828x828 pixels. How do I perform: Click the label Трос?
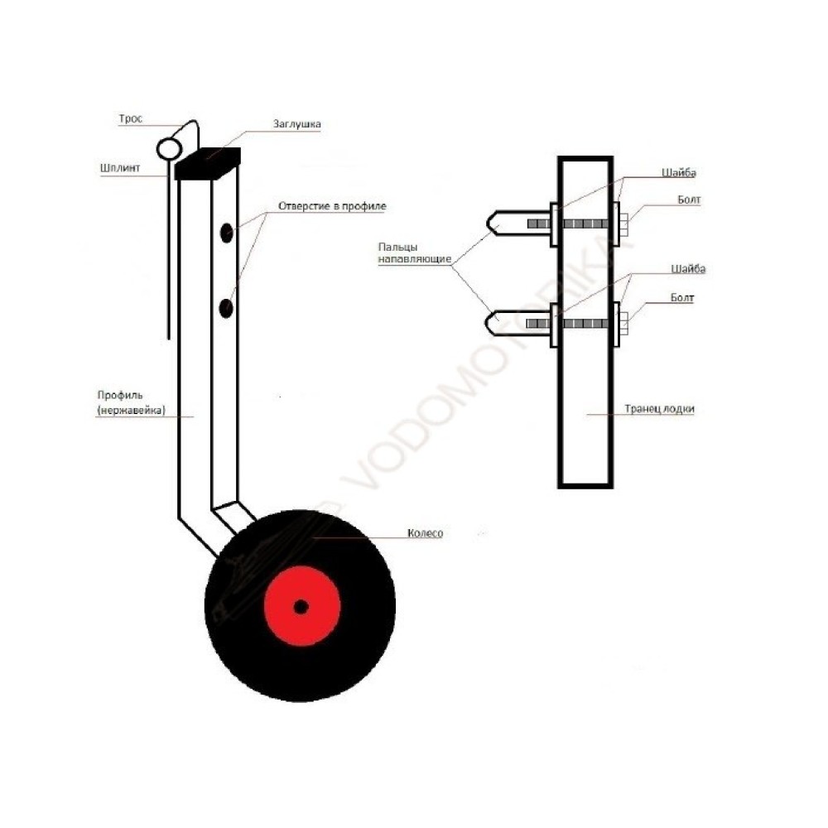(x=131, y=118)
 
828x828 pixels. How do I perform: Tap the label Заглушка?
(x=296, y=124)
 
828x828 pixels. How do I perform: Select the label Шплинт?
(x=120, y=168)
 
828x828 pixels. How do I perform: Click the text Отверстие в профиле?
(x=332, y=206)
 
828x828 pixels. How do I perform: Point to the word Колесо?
(x=425, y=533)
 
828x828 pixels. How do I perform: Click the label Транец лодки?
(x=659, y=409)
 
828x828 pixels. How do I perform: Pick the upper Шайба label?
(x=679, y=173)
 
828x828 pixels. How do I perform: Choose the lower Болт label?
(x=681, y=298)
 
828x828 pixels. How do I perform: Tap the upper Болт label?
(x=689, y=200)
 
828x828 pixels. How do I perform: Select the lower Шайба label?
(x=688, y=269)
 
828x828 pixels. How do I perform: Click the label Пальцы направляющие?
(x=415, y=253)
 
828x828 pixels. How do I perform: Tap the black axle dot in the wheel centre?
(x=301, y=607)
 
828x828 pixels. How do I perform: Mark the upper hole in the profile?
(x=227, y=233)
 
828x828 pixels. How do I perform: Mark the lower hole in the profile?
(x=226, y=308)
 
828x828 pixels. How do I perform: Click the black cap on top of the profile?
(x=208, y=163)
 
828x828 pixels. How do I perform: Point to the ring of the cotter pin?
(x=170, y=149)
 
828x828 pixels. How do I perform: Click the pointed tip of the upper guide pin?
(x=488, y=224)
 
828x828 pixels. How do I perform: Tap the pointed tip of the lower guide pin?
(x=487, y=323)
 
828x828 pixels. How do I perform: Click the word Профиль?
(x=120, y=395)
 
